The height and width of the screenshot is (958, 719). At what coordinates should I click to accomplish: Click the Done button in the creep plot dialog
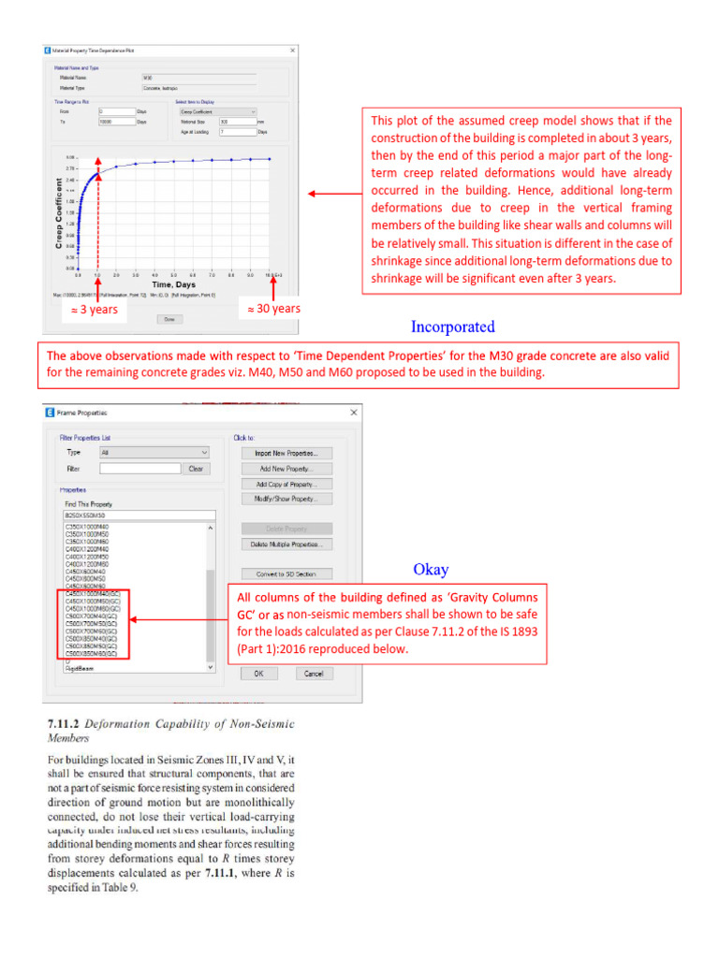[169, 318]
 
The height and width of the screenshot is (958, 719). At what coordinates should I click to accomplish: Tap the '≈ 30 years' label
[273, 309]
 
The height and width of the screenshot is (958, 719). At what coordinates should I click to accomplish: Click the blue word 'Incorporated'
[453, 327]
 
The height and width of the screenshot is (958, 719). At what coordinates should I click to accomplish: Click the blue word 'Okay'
[431, 569]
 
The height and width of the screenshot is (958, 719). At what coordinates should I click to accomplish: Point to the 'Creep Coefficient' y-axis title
[61, 212]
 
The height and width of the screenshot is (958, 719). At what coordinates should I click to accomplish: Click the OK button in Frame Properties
[259, 646]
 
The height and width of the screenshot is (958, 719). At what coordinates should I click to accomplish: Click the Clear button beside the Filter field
[195, 469]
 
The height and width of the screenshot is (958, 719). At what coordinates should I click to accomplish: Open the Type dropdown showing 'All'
[154, 452]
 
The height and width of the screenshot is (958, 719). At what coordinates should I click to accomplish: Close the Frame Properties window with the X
[353, 413]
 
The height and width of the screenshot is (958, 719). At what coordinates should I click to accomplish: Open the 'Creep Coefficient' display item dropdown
[216, 110]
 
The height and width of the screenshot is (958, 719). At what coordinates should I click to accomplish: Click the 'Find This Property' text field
[139, 515]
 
